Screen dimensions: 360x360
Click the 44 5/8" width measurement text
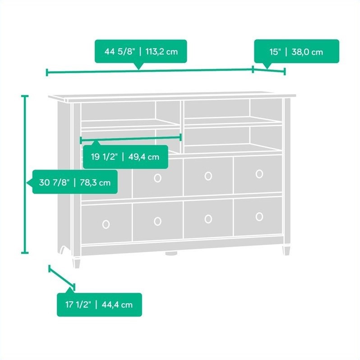(120, 51)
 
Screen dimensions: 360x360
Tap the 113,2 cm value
(162, 52)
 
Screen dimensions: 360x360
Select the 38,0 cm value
(307, 52)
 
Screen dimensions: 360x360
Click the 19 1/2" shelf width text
(104, 157)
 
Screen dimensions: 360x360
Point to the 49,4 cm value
(144, 157)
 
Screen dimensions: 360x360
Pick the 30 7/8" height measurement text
(54, 183)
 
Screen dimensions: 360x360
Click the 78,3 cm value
(95, 183)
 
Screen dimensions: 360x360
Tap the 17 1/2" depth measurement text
(78, 305)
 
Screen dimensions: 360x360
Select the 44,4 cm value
(117, 305)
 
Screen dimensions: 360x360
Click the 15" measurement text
(275, 52)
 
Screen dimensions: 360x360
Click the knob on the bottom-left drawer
(106, 224)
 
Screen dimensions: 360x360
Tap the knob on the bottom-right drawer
(259, 217)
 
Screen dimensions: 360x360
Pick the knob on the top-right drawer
(259, 174)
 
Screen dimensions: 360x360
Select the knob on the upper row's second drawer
(157, 178)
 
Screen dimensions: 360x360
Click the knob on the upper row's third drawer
(208, 176)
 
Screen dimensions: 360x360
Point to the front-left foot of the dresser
(77, 263)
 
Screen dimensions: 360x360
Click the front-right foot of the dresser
(286, 250)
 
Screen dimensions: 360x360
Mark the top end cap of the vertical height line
(25, 96)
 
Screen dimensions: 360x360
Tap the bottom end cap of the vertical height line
(25, 253)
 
